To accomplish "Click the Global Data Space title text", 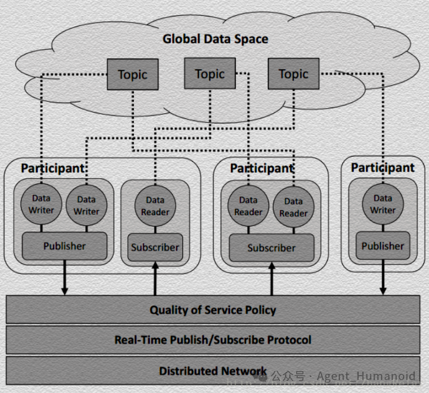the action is (x=215, y=39).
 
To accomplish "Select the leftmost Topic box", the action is (x=133, y=74).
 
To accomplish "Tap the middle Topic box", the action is (x=210, y=73).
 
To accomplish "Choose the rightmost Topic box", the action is (x=293, y=74).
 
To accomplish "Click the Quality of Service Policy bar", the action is (x=213, y=310).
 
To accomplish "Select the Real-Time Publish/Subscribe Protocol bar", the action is (x=213, y=340).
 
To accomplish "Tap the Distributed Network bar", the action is (x=213, y=370).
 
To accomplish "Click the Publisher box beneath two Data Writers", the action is (x=65, y=246).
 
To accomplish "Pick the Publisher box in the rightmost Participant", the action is (x=383, y=245).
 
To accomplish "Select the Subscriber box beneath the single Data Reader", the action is (x=155, y=247).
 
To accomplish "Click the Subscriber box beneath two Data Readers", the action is (x=271, y=248).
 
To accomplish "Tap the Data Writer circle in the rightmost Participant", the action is (x=383, y=204).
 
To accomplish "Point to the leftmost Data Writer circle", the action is (x=41, y=204).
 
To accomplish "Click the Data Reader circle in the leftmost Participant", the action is (x=155, y=206).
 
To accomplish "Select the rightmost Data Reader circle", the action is (x=293, y=207).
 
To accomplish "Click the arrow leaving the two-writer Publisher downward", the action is (x=65, y=278).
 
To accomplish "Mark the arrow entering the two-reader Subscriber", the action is (x=272, y=279).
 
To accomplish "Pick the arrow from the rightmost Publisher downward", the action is (x=383, y=277).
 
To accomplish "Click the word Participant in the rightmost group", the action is (x=383, y=167).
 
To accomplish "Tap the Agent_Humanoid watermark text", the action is (x=366, y=376).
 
